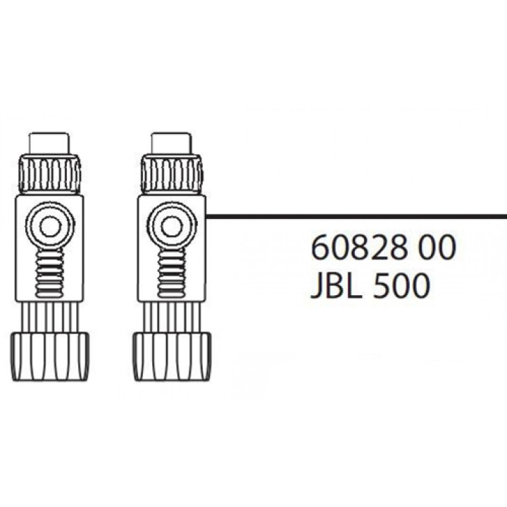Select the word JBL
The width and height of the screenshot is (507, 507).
338,287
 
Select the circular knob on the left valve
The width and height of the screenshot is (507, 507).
49,227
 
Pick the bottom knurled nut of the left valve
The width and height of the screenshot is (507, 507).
49,356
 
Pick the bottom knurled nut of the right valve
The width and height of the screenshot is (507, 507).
170,356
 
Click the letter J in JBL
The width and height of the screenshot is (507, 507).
317,287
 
